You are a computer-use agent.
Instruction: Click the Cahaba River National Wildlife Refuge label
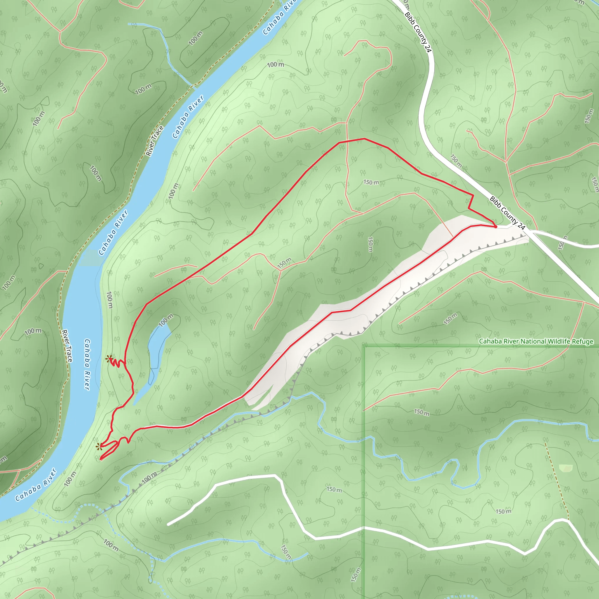[x=536, y=341]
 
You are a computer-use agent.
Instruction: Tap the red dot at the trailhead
[x=495, y=227]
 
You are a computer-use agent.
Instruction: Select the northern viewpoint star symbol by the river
[x=108, y=359]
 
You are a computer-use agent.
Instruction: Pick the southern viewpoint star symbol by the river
[x=99, y=447]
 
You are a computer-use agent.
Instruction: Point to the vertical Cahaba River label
[x=87, y=364]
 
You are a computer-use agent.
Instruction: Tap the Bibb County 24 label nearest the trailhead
[x=507, y=213]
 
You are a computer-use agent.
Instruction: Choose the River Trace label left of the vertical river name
[x=67, y=346]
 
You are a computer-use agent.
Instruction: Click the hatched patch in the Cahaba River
[x=92, y=258]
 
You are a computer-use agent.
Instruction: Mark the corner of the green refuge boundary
[x=365, y=345]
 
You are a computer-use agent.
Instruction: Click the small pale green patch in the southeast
[x=566, y=468]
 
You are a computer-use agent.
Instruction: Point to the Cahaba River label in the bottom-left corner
[x=36, y=485]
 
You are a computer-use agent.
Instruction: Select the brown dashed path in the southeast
[x=557, y=481]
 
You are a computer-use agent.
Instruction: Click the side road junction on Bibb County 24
[x=531, y=231]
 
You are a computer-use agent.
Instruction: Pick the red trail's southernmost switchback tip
[x=101, y=459]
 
